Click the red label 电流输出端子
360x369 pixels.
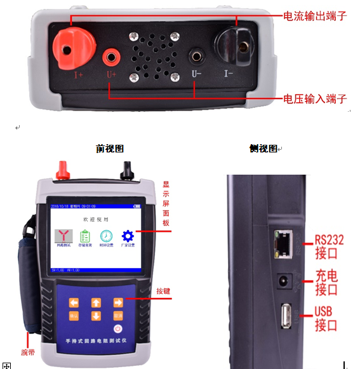pos(315,15)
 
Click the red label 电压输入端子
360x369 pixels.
pos(315,99)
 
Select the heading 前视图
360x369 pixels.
pos(109,149)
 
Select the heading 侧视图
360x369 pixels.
pos(263,149)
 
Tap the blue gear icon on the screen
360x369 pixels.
pos(128,236)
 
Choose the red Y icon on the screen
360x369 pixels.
pos(64,236)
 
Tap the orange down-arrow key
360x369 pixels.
pos(96,316)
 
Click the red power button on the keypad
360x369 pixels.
pos(117,328)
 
